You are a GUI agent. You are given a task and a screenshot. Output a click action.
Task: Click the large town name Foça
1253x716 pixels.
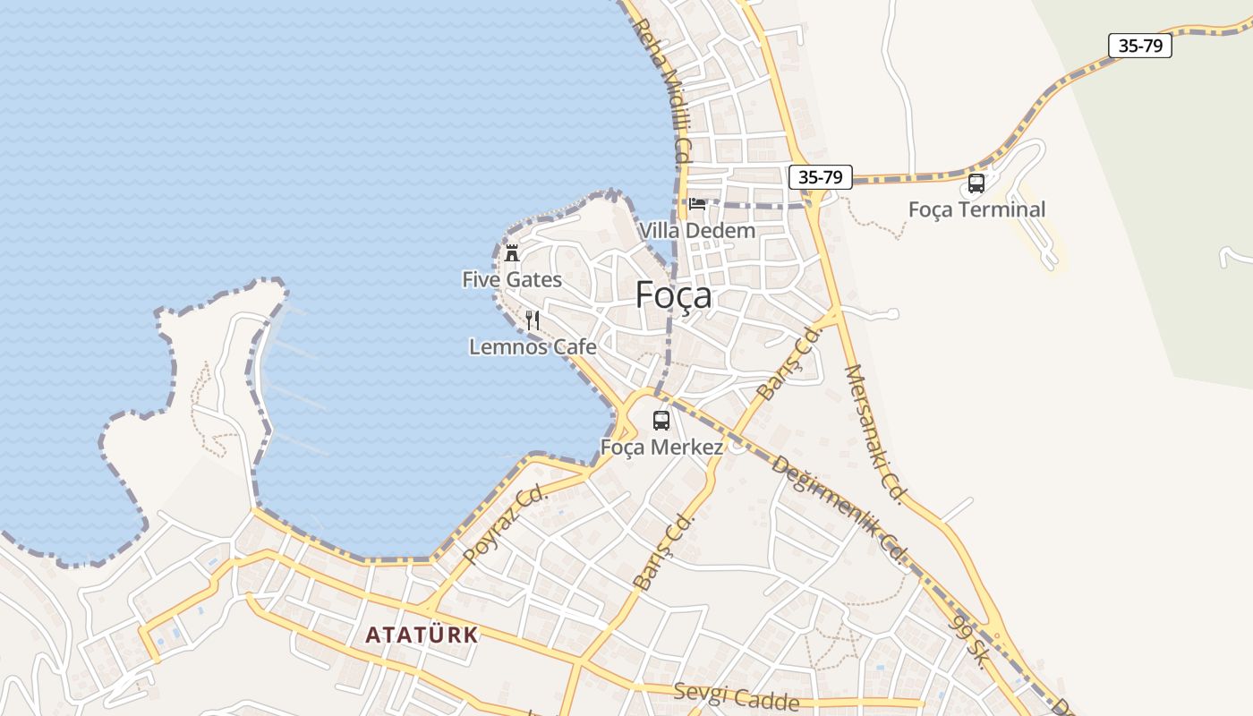pyautogui.click(x=674, y=294)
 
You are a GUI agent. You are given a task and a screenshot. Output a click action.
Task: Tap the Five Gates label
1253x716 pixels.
pyautogui.click(x=512, y=280)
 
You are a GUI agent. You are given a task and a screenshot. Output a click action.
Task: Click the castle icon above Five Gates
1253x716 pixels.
pyautogui.click(x=512, y=253)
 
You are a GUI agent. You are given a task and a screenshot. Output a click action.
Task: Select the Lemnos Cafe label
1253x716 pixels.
pyautogui.click(x=533, y=346)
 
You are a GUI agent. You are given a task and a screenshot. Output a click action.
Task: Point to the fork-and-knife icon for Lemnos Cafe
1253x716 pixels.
pyautogui.click(x=533, y=320)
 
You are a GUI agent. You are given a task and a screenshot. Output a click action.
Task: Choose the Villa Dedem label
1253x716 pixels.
pyautogui.click(x=696, y=231)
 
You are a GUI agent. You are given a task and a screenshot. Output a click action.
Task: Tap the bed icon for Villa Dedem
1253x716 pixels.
pyautogui.click(x=697, y=204)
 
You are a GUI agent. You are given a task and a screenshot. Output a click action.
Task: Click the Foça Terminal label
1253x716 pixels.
pyautogui.click(x=976, y=209)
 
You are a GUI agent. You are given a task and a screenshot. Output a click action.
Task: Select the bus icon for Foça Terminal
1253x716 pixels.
pyautogui.click(x=976, y=183)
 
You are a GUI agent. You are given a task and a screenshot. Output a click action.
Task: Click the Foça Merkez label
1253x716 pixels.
pyautogui.click(x=661, y=447)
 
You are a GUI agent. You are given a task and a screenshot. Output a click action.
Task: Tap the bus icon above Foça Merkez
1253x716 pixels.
pyautogui.click(x=661, y=420)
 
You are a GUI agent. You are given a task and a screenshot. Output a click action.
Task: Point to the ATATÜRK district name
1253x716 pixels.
pyautogui.click(x=422, y=635)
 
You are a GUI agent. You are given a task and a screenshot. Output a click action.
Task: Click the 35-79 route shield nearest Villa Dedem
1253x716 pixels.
pyautogui.click(x=820, y=177)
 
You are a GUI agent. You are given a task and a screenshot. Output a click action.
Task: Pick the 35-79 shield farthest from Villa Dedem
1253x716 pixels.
pyautogui.click(x=1139, y=46)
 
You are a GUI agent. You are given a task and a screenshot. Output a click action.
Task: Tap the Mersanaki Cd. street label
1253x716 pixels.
pyautogui.click(x=876, y=434)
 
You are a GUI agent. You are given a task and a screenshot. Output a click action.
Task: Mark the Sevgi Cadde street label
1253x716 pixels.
pyautogui.click(x=737, y=696)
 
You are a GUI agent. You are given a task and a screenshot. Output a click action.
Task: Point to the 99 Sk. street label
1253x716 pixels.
pyautogui.click(x=969, y=641)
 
